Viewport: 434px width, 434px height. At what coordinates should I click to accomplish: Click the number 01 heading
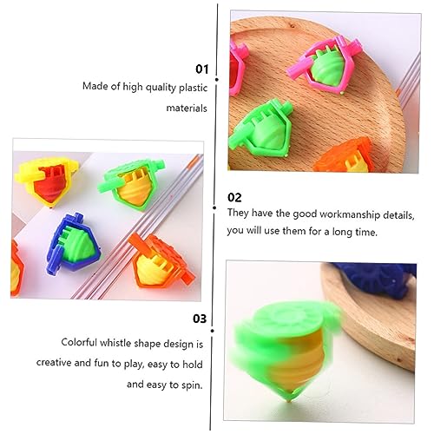coord(201,69)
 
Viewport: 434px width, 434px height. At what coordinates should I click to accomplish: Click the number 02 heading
coord(234,198)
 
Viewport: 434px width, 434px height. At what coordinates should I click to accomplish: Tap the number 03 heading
coord(200,319)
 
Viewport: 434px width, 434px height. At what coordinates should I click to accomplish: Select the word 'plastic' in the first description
coord(193,88)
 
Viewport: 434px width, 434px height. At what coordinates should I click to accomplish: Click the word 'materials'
coord(187,108)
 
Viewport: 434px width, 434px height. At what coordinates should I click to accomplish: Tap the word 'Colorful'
coord(79,342)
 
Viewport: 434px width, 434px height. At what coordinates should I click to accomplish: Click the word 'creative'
coord(54,363)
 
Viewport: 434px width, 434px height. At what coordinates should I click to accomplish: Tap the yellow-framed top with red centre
coord(46,181)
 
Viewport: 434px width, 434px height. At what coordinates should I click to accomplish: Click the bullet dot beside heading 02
coord(214,207)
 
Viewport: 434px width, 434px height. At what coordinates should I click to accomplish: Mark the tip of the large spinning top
coord(289,402)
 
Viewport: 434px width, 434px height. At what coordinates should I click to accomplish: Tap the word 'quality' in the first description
coord(161,88)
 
